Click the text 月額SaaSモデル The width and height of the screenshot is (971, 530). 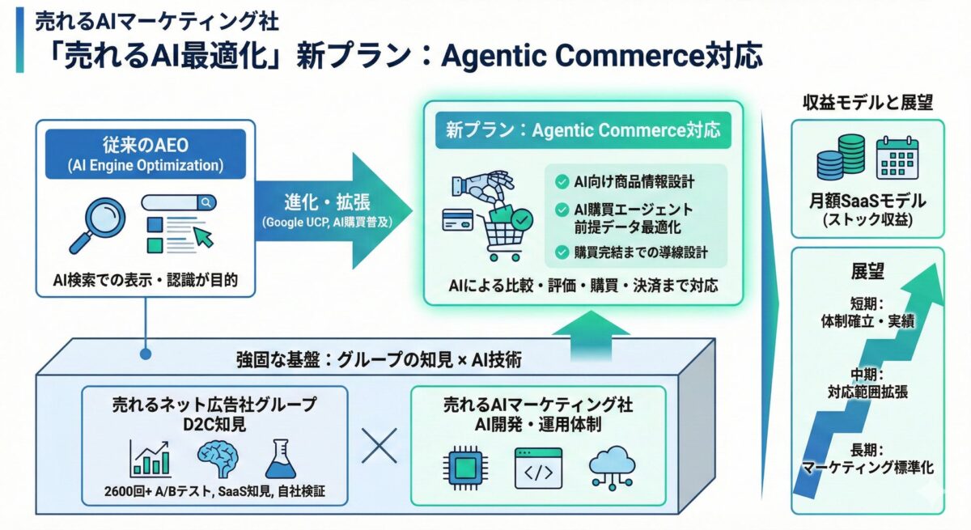click(868, 201)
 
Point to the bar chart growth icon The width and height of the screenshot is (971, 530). click(151, 458)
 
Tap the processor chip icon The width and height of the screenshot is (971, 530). click(465, 468)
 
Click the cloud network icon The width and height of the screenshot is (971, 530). click(613, 466)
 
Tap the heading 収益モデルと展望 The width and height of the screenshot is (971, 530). click(867, 102)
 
